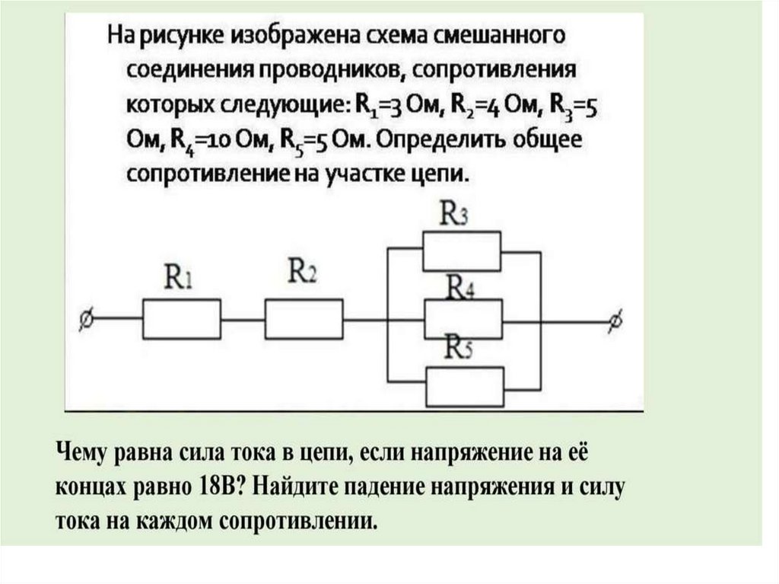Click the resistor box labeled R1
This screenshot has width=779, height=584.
[183, 318]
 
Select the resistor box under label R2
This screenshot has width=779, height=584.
[304, 318]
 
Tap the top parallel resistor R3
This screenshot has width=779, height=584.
[462, 251]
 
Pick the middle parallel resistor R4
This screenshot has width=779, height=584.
[463, 318]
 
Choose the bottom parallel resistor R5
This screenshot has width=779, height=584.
[465, 387]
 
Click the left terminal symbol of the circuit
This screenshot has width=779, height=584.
[86, 321]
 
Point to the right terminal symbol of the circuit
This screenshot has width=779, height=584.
[615, 321]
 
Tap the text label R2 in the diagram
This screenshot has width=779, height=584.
[302, 270]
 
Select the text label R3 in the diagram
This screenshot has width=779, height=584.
[454, 215]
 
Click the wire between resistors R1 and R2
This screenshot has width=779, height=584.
[243, 320]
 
